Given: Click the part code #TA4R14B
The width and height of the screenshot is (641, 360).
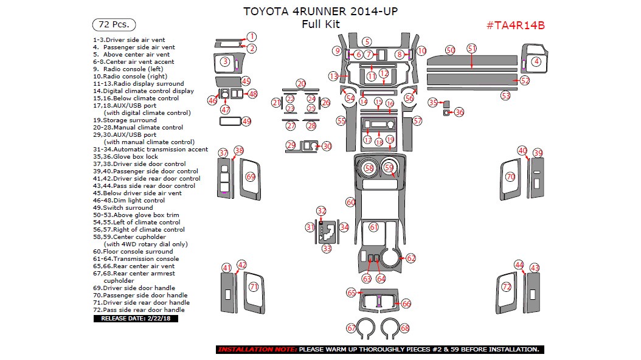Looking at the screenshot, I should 515,25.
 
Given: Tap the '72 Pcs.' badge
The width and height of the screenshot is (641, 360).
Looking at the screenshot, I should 114,25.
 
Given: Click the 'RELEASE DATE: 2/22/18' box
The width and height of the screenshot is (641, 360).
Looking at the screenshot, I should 136,318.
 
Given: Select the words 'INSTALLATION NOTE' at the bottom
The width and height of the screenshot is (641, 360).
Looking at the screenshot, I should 257,350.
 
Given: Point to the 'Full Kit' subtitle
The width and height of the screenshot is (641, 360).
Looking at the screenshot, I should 321,25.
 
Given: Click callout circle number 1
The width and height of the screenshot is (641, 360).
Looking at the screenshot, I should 251,36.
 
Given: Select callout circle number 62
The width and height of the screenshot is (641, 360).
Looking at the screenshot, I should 411,258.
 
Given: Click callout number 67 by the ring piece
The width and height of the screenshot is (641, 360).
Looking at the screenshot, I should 351,328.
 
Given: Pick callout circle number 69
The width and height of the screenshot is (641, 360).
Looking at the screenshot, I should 250,176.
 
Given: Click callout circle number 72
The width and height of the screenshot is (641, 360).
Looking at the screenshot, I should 506,286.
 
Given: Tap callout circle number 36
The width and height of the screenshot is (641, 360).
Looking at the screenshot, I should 459,112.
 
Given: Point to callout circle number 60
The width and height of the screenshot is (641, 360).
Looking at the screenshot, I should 350,202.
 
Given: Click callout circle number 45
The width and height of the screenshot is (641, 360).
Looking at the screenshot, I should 246,81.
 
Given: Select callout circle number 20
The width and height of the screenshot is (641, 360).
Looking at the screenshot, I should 301,83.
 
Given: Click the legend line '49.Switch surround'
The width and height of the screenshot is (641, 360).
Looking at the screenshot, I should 123,207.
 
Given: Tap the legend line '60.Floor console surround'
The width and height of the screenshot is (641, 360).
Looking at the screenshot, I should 133,251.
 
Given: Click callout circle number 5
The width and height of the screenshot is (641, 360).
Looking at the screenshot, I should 367,41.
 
